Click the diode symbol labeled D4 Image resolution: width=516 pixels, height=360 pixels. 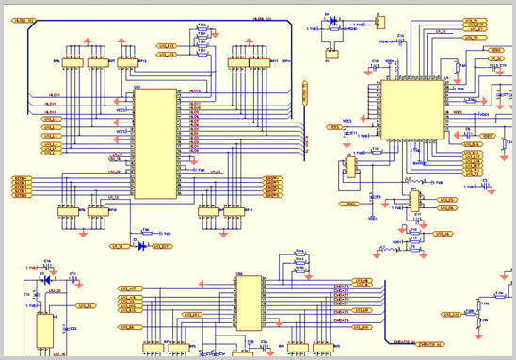(x=331, y=19)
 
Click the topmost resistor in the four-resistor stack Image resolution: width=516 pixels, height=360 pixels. (x=202, y=28)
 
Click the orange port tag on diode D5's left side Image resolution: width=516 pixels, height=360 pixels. (x=119, y=247)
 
